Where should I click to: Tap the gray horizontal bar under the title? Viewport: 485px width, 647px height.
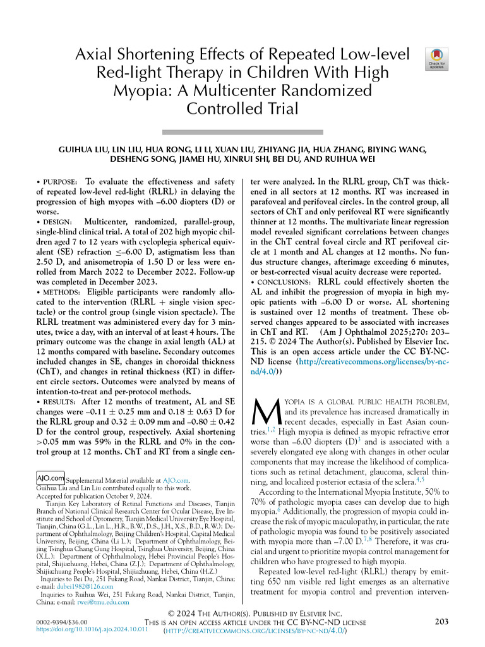pos(242,132)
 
